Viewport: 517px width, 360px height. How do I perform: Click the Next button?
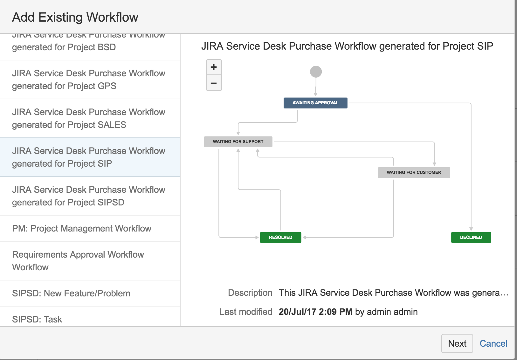pyautogui.click(x=457, y=343)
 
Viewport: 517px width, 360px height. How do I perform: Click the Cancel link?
pyautogui.click(x=493, y=343)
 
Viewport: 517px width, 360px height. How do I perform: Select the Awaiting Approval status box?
pyautogui.click(x=315, y=103)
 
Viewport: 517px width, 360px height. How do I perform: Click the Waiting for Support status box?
pyautogui.click(x=238, y=142)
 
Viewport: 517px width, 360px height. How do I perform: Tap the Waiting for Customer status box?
pyautogui.click(x=414, y=172)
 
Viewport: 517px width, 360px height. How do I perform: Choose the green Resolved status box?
pyautogui.click(x=280, y=237)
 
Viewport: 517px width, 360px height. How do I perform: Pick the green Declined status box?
pyautogui.click(x=471, y=237)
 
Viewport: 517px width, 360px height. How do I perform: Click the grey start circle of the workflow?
pyautogui.click(x=316, y=72)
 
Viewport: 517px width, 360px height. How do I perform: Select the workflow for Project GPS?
pyautogui.click(x=89, y=80)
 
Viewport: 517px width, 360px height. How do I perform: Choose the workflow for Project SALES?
pyautogui.click(x=89, y=118)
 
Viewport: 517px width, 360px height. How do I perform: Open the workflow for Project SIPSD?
pyautogui.click(x=89, y=196)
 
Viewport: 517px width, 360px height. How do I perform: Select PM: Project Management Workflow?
pyautogui.click(x=82, y=228)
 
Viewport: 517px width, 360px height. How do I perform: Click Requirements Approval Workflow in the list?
pyautogui.click(x=78, y=261)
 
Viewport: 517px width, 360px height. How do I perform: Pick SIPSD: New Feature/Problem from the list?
pyautogui.click(x=71, y=293)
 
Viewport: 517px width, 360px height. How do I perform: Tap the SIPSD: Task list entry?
pyautogui.click(x=37, y=319)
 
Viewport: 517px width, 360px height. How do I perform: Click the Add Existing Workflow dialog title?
pyautogui.click(x=75, y=17)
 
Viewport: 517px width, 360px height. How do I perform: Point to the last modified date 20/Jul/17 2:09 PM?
pyautogui.click(x=315, y=312)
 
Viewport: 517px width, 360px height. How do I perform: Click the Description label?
pyautogui.click(x=250, y=293)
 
